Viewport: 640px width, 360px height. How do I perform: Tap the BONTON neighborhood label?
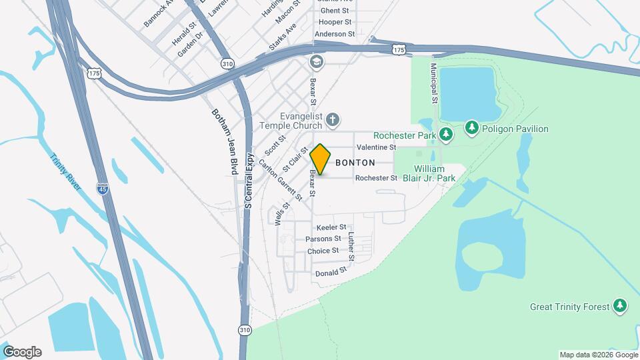(x=355, y=163)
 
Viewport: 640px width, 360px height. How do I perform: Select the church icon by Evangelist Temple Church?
(x=333, y=120)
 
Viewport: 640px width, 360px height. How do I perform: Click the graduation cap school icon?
(x=316, y=62)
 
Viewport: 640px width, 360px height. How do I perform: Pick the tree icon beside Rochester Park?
(x=446, y=135)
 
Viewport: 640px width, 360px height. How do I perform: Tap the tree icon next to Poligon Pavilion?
(x=472, y=128)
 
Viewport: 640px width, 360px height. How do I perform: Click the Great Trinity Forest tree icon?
(x=621, y=306)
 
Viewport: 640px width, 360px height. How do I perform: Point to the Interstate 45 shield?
(x=102, y=189)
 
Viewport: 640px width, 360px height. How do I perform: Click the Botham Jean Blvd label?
(x=225, y=142)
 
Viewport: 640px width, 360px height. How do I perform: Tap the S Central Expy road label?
(x=249, y=181)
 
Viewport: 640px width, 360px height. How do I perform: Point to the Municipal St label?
(x=434, y=83)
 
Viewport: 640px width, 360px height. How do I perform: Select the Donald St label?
(x=331, y=272)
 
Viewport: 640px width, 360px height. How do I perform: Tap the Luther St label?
(x=351, y=246)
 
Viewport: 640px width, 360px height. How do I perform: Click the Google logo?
(x=22, y=352)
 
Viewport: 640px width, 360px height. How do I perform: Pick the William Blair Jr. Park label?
(x=434, y=173)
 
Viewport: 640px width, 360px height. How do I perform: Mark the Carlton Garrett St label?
(x=281, y=180)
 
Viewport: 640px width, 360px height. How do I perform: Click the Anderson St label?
(x=335, y=34)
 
